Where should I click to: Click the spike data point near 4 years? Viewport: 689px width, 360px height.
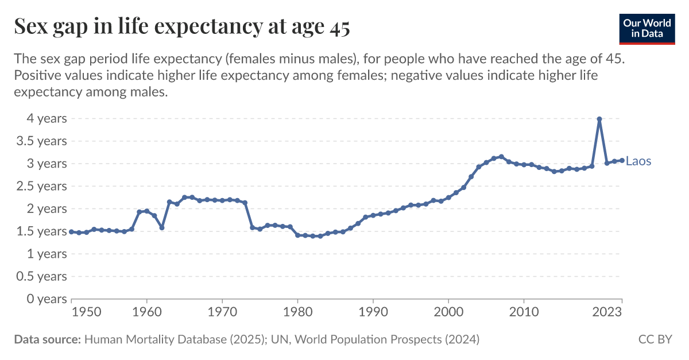click(x=599, y=119)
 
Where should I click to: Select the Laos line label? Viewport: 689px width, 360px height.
click(x=638, y=161)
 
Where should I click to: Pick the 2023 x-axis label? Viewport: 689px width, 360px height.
click(x=607, y=312)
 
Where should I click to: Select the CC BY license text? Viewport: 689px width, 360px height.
click(x=655, y=339)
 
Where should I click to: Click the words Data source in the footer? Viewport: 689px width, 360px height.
click(x=47, y=339)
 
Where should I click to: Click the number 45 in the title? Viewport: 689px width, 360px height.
click(x=339, y=27)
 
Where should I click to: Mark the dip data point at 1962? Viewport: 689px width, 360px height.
click(x=162, y=228)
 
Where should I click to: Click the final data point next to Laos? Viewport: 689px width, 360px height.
click(x=622, y=160)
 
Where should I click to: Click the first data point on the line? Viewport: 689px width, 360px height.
click(x=71, y=232)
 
